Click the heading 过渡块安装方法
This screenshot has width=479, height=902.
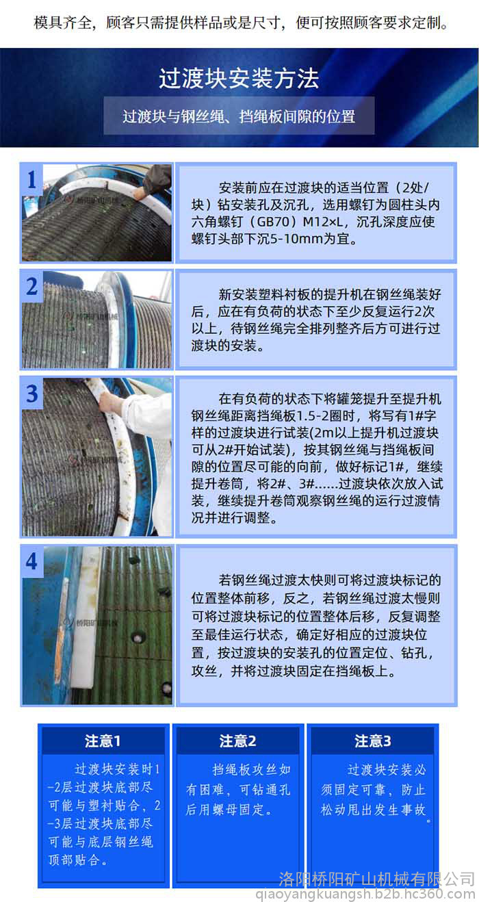pos(239,78)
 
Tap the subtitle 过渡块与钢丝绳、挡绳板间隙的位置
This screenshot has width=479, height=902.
pos(239,116)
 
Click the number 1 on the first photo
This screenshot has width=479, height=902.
pos(32,179)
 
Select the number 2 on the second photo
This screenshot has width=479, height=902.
pos(32,286)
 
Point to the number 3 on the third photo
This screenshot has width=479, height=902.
pos(32,394)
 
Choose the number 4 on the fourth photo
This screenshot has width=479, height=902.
pos(31,561)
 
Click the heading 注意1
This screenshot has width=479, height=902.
pos(103,741)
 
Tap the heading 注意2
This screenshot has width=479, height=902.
pos(238,741)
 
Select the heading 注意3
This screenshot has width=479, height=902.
pos(373,741)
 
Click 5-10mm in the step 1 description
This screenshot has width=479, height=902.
pos(296,239)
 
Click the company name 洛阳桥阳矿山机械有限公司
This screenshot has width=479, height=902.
pos(377,879)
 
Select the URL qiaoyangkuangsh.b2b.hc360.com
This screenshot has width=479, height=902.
pos(365,894)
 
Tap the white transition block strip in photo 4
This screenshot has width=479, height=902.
pos(86,620)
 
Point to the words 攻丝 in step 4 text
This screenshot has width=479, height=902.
pos(205,671)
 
